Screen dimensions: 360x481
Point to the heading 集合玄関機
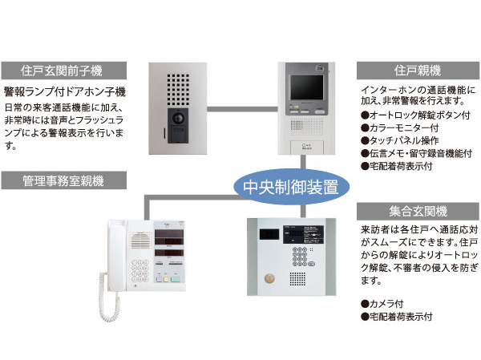coord(415,211)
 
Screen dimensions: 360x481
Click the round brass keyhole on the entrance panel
coord(270,278)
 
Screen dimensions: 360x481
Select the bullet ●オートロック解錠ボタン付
coord(414,115)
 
